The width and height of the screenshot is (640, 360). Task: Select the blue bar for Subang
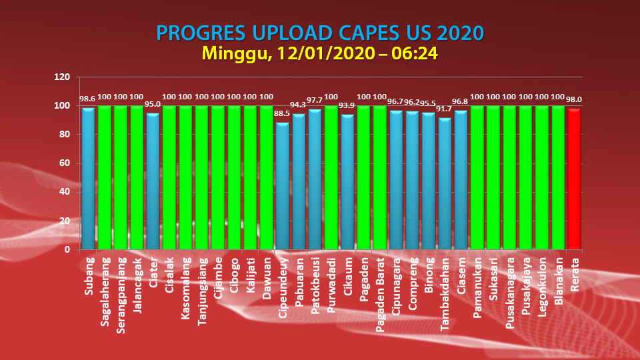coord(87,179)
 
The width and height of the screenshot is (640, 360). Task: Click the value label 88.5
coord(282,114)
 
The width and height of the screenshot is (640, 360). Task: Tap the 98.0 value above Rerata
coord(574,99)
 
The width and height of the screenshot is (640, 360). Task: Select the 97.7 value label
coord(315,101)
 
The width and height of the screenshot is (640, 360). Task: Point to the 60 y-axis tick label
coord(65,163)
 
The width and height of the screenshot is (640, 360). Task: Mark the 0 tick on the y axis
coord(67,249)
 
